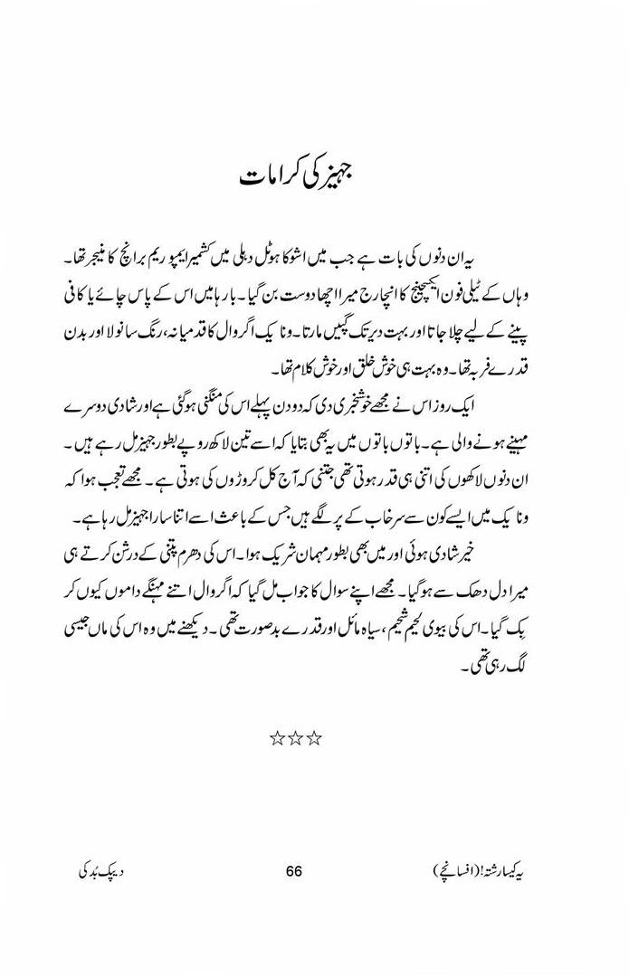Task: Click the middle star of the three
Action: [296, 739]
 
